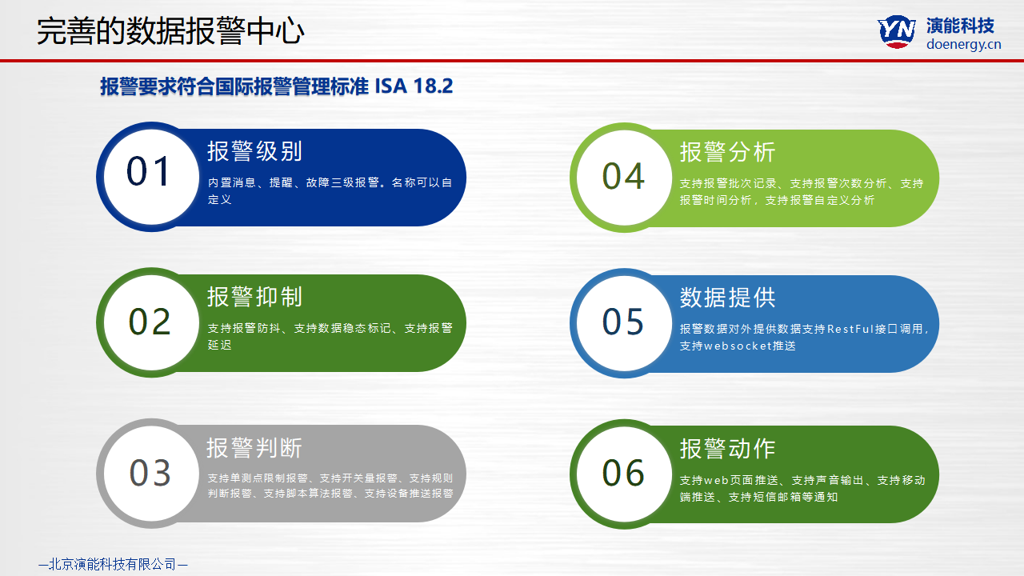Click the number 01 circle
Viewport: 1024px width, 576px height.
151,177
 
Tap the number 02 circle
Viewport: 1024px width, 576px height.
151,322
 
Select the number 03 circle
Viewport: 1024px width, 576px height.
151,474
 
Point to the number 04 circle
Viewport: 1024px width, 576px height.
625,178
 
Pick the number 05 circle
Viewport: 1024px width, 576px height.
625,323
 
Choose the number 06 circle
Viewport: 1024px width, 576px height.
625,474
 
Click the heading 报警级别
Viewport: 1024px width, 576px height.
254,151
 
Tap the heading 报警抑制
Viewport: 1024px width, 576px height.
254,297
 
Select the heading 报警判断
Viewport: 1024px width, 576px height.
254,448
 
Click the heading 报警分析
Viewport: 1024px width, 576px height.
728,152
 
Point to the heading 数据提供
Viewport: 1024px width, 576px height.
728,298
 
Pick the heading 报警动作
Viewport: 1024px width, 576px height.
728,449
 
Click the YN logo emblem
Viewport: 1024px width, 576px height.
897,31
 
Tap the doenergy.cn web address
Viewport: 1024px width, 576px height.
964,44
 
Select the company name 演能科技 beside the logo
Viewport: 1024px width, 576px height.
961,26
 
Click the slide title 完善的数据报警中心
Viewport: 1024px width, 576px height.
170,31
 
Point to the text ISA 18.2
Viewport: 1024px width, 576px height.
414,86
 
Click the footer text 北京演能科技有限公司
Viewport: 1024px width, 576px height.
113,564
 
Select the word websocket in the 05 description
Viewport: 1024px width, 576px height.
738,346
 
